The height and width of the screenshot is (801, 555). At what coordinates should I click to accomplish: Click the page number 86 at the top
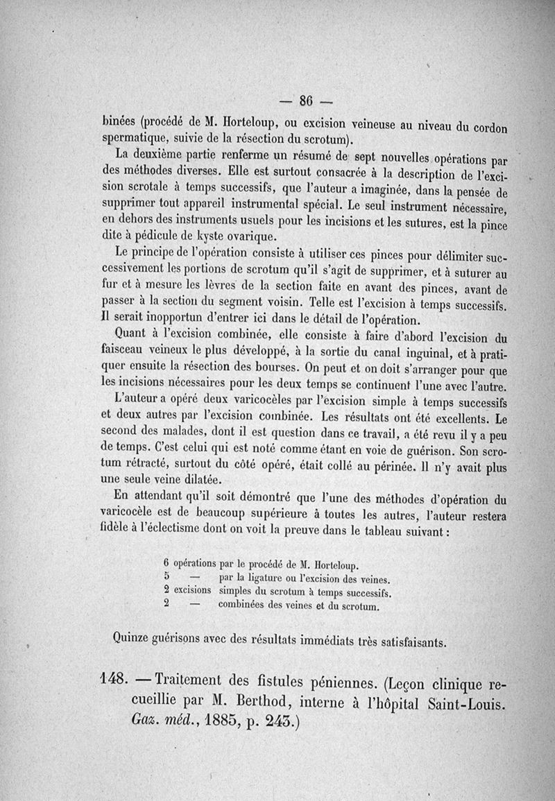tap(305, 98)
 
